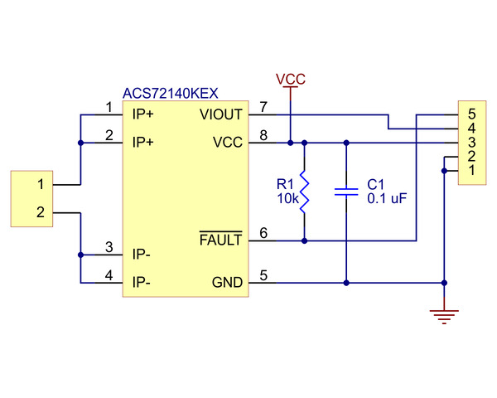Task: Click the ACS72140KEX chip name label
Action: (x=170, y=94)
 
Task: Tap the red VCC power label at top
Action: (x=291, y=79)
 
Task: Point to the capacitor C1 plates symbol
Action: (x=345, y=192)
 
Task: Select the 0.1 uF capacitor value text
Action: (x=387, y=200)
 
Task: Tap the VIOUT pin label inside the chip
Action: (x=222, y=114)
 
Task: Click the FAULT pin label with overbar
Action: (x=221, y=240)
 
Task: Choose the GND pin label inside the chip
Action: (x=227, y=283)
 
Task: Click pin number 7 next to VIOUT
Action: (x=263, y=107)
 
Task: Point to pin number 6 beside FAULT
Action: (x=263, y=233)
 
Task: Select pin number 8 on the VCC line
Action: (x=263, y=135)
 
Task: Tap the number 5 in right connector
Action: (x=471, y=114)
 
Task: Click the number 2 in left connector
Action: (x=39, y=213)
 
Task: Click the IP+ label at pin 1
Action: (x=147, y=114)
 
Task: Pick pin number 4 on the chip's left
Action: (x=109, y=275)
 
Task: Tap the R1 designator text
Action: (x=284, y=184)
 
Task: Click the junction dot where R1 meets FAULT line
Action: (x=305, y=241)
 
